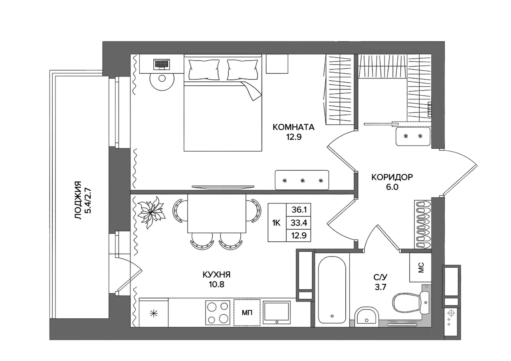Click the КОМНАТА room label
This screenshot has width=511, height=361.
point(293,127)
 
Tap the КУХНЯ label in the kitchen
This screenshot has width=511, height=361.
point(216,274)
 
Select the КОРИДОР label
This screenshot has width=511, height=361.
point(392,177)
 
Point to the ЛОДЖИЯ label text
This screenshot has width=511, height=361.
point(78,201)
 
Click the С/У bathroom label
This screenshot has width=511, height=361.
point(380,277)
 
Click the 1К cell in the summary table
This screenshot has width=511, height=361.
point(276,223)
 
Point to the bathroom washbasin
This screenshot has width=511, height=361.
point(366,316)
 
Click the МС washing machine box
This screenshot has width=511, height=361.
point(420,268)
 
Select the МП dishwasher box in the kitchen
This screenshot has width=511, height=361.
point(247,313)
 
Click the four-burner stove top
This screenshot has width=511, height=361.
point(218,313)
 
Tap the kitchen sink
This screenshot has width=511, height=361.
point(277,312)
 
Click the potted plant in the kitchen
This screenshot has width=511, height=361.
point(151,212)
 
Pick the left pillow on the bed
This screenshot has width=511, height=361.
point(204,69)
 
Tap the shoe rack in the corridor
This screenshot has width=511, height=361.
point(422,224)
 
